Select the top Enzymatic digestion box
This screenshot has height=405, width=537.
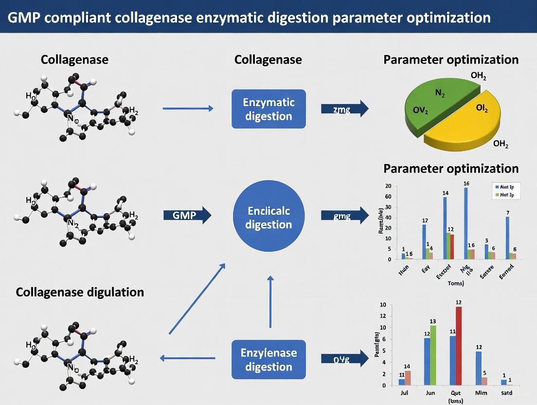pos(268,109)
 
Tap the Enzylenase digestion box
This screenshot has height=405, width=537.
pos(268,360)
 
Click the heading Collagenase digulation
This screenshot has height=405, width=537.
pos(80,292)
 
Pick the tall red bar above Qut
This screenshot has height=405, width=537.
pos(459,346)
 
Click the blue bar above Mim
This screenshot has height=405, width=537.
pos(478,368)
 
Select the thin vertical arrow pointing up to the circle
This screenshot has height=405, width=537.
pos(270,302)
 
